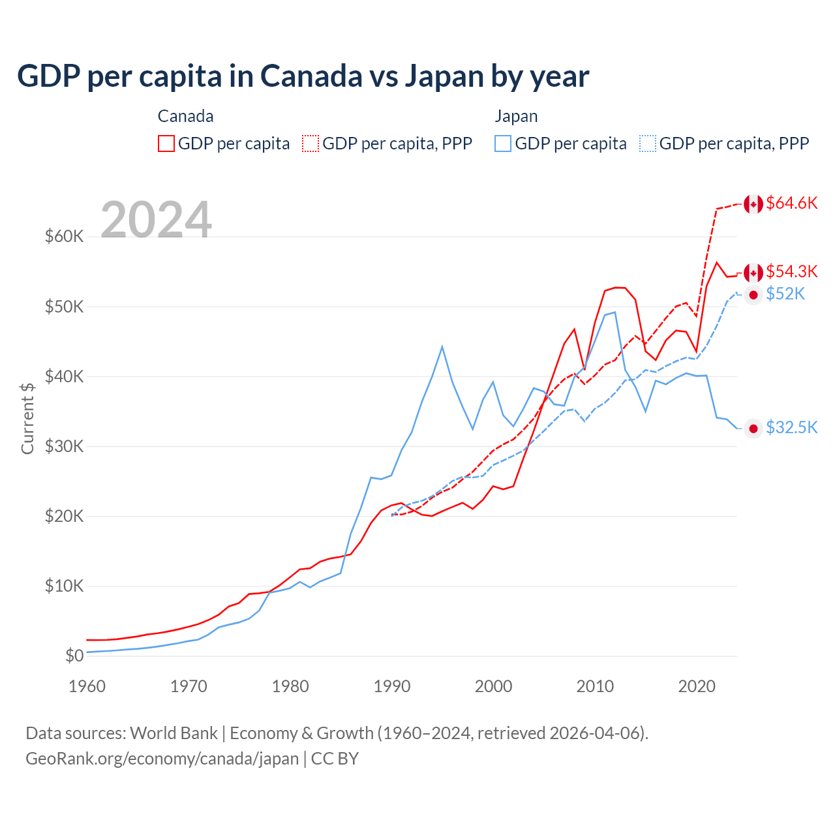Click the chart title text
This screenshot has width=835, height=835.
tap(303, 76)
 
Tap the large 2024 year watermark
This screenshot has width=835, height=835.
tap(157, 220)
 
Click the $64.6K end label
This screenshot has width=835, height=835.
tap(791, 203)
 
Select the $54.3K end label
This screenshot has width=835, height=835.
tap(791, 271)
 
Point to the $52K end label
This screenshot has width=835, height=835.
tap(785, 294)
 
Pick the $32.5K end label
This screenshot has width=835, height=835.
tap(791, 427)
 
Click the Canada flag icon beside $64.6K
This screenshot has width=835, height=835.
tap(753, 204)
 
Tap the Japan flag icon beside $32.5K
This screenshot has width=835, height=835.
tap(753, 429)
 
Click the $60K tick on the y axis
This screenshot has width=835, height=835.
tap(64, 236)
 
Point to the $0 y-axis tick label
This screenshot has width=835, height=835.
tap(74, 656)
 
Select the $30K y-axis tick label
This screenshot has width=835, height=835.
tap(64, 446)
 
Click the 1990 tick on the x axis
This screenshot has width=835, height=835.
tap(392, 686)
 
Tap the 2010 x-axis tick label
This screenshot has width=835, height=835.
tap(595, 686)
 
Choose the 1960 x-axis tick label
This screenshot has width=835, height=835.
tap(87, 686)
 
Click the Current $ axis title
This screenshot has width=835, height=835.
tap(27, 418)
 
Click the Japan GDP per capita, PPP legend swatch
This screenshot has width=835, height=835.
tap(647, 144)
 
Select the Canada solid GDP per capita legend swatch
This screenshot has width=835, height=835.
tap(166, 144)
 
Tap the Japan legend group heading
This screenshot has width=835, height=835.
tap(516, 116)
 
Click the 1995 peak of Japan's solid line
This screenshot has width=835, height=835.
tap(442, 346)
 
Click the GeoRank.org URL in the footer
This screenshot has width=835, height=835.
tap(162, 759)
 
